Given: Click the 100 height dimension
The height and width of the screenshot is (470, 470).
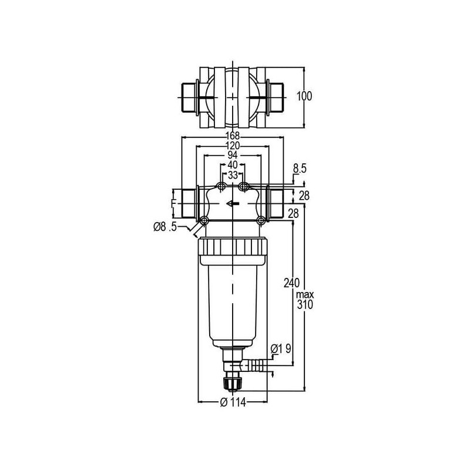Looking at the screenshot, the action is pos(304,96).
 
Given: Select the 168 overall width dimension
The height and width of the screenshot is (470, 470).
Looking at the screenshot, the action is pos(233,136).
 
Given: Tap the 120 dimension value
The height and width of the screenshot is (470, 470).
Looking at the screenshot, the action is pos(233,146).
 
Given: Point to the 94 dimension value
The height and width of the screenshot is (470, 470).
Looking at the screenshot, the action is pos(233,155).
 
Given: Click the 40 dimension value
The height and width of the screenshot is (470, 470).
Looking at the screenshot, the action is pos(233,165).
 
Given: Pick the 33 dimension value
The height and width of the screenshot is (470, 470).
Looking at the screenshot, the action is pos(233,175).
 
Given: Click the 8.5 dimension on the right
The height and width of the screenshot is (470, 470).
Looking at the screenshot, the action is pos(300,169).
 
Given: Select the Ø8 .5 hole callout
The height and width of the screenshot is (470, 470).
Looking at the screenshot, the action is pos(165,227).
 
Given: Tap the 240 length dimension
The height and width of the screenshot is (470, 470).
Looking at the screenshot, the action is pos(291,283).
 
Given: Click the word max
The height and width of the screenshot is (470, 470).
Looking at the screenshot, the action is pos(305,294).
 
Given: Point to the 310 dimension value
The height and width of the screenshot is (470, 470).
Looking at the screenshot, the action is pos(305,304).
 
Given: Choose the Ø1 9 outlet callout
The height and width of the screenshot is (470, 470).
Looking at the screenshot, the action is pos(281,349).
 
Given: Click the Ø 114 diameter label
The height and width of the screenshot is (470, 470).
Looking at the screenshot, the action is pos(233,402).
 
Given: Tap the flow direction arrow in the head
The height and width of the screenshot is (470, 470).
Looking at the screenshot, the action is pos(233,204).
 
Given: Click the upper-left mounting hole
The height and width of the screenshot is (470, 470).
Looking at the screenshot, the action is pos(221,187).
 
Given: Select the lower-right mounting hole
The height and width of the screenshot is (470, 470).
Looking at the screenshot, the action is pos(261,221).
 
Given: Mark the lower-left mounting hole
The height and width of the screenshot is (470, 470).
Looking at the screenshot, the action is pos(204,221).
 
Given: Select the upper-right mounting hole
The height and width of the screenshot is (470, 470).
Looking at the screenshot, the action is pos(244,187).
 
